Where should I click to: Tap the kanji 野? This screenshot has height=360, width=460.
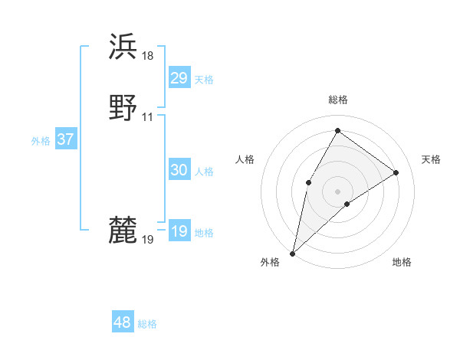click(123, 107)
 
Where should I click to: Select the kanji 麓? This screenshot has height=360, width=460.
click(123, 230)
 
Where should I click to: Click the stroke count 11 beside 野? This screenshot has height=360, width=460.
click(147, 116)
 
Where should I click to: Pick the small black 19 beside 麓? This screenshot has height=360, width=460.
click(148, 240)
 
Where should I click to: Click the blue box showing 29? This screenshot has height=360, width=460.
click(179, 78)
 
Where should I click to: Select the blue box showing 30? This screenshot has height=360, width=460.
click(179, 170)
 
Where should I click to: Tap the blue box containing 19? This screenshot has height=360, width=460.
click(179, 231)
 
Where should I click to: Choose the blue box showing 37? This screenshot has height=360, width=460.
click(65, 139)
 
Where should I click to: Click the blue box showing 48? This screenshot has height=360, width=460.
click(122, 322)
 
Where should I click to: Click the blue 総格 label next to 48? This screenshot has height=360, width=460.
click(147, 324)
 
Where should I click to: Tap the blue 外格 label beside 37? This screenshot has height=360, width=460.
click(41, 141)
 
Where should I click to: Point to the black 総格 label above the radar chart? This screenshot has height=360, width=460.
click(338, 100)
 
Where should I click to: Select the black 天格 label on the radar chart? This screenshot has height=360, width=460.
click(431, 159)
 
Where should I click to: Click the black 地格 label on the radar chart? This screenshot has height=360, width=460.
click(402, 262)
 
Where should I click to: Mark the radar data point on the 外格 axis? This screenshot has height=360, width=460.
click(292, 253)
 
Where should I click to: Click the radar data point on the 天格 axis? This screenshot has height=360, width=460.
click(396, 172)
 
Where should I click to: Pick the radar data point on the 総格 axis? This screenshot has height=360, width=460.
click(337, 130)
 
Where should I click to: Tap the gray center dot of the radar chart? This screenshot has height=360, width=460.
click(337, 191)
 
